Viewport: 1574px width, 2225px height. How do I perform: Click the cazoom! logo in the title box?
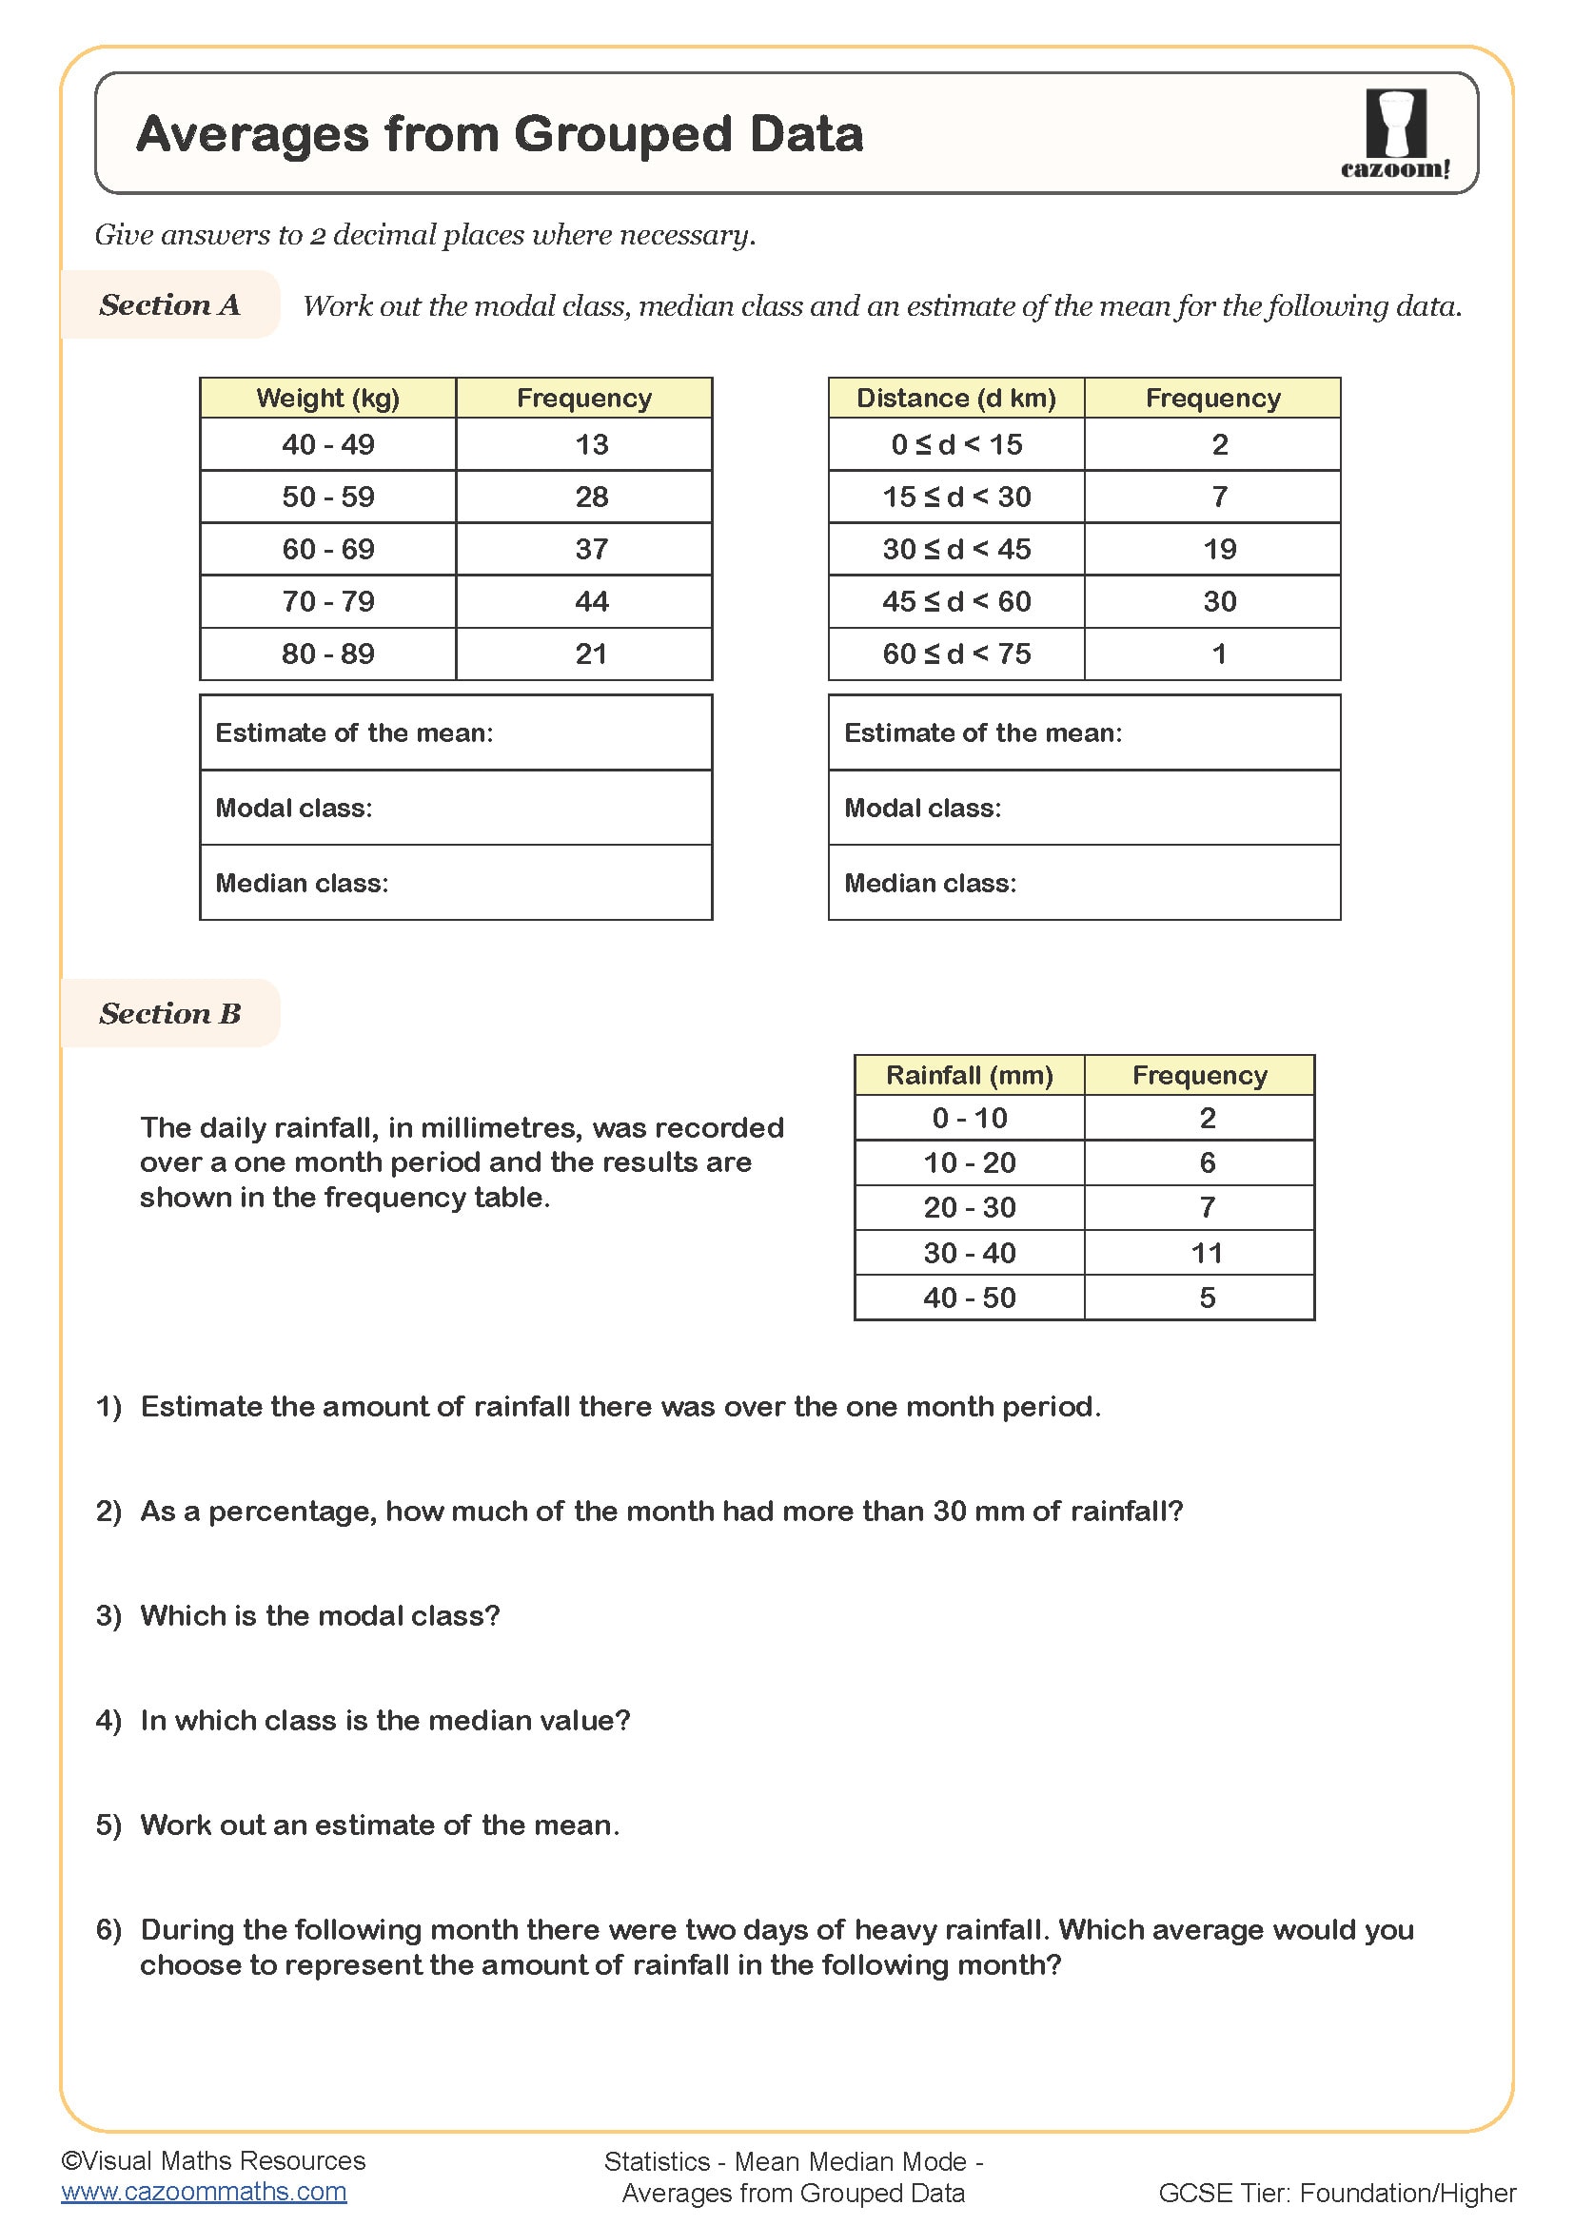[x=1395, y=134]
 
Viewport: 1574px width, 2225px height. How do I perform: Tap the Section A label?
[x=169, y=305]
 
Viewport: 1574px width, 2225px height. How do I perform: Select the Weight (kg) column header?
[x=327, y=399]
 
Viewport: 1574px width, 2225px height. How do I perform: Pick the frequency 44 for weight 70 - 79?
[x=590, y=602]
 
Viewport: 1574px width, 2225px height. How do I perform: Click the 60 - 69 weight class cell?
[x=327, y=550]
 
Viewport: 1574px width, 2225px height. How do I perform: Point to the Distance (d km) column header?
[x=955, y=399]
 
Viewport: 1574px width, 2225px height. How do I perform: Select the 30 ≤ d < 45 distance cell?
[x=955, y=550]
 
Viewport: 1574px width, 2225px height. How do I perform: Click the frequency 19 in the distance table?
[x=1218, y=550]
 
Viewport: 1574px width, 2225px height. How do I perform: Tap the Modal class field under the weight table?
[x=456, y=809]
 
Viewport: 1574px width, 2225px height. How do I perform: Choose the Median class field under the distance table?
[x=1084, y=883]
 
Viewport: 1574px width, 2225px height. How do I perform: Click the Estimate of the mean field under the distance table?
[x=1084, y=732]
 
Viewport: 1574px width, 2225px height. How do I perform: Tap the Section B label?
[x=169, y=1014]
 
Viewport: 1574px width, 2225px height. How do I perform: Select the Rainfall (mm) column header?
[x=969, y=1076]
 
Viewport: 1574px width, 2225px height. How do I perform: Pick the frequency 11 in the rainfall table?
[x=1207, y=1253]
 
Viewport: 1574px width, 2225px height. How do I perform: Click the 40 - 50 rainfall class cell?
[x=969, y=1298]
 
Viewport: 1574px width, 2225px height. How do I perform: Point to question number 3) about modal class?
[x=108, y=1615]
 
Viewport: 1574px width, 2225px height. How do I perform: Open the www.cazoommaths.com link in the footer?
[x=204, y=2191]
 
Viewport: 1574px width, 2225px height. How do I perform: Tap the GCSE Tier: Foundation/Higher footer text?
[x=1336, y=2192]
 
